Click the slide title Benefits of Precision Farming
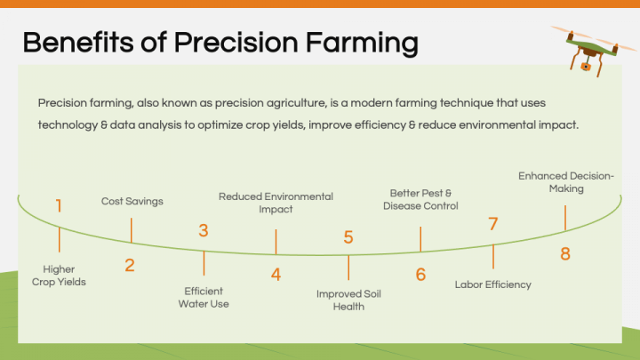(220, 42)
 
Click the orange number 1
(59, 206)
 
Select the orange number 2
(130, 265)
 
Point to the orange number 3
(204, 231)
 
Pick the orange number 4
(276, 275)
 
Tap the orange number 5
(348, 237)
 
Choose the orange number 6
(420, 275)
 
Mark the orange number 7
(492, 224)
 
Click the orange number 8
(564, 254)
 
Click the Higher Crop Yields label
(59, 276)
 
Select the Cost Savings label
(132, 202)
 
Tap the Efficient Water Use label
(204, 297)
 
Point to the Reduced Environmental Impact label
(276, 203)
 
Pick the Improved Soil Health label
(348, 300)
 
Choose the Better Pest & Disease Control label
(420, 199)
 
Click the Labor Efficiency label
(492, 284)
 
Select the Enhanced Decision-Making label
(565, 182)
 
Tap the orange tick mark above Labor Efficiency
(492, 256)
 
